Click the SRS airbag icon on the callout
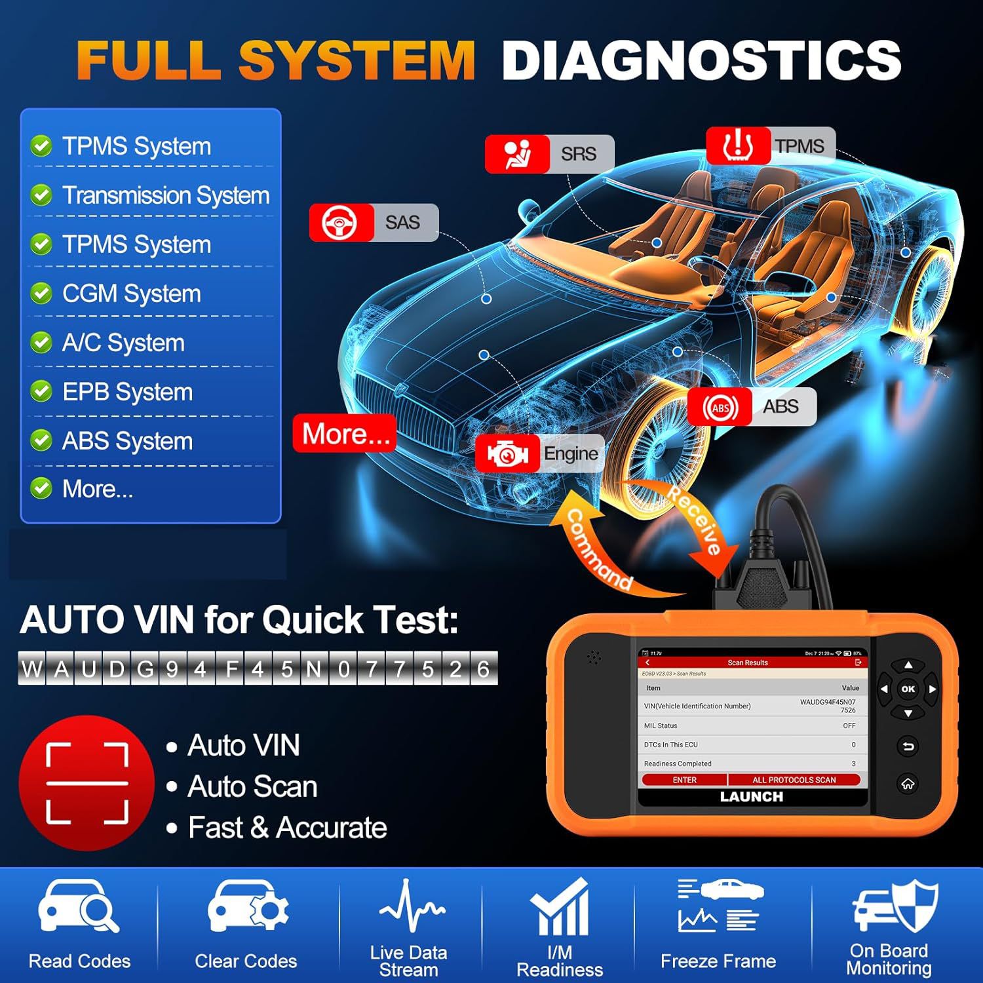pos(517,154)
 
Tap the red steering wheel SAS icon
pos(341,223)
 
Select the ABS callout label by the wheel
pos(752,407)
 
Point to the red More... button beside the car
pos(345,433)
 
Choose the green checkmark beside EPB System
pos(41,391)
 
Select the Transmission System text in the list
pos(166,195)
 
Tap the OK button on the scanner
pos(908,689)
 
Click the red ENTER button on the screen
pos(684,780)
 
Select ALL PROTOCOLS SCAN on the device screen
pos(794,780)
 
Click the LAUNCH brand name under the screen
pos(752,797)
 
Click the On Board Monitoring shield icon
pos(895,906)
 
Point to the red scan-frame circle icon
pos(87,783)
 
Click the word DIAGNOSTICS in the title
pos(702,60)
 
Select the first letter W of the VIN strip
pos(32,668)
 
